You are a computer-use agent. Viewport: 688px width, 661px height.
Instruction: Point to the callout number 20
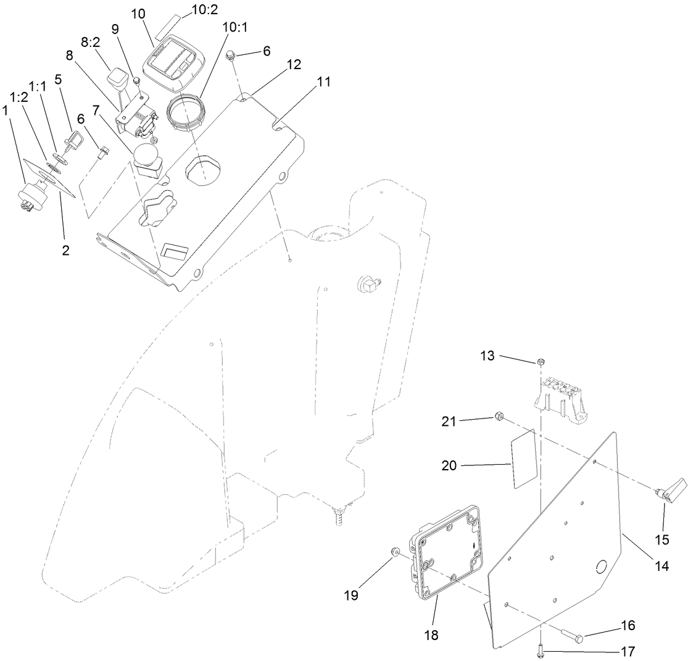[x=449, y=465]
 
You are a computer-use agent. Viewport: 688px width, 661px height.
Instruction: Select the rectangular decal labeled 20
[x=523, y=460]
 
